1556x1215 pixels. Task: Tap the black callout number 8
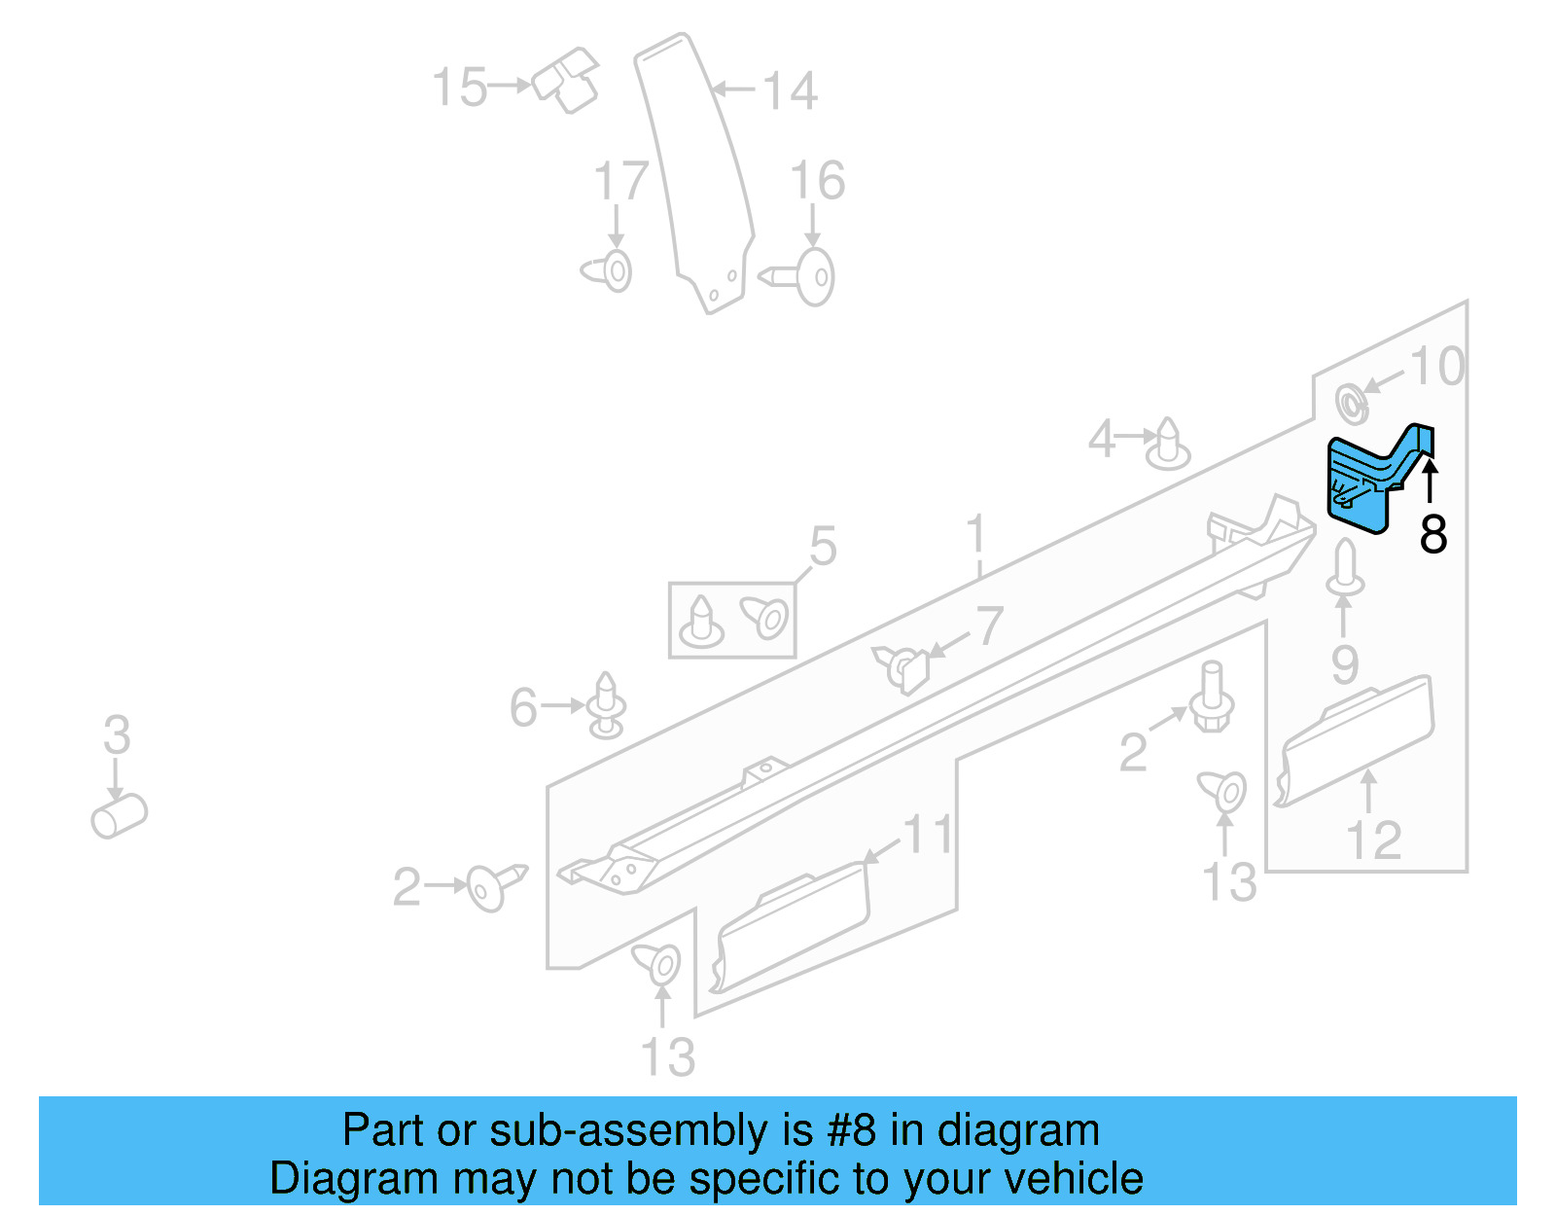[x=1433, y=534]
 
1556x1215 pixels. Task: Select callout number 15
[x=459, y=88]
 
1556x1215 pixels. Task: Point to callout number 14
[x=789, y=91]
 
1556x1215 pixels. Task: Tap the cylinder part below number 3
[x=119, y=815]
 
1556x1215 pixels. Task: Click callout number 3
[x=117, y=734]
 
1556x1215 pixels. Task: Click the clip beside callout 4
[x=1168, y=446]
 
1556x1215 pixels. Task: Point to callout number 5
[x=823, y=547]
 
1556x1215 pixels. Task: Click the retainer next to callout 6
[x=607, y=705]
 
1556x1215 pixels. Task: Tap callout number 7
[x=989, y=625]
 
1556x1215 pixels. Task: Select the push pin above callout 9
[x=1345, y=568]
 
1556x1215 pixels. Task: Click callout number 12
[x=1373, y=840]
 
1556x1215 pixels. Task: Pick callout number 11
[x=929, y=835]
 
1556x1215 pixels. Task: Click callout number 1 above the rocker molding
[x=977, y=537]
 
